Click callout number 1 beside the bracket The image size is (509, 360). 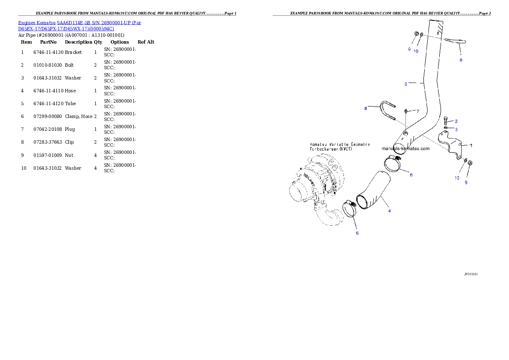(x=471, y=145)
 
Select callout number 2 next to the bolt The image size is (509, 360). (x=456, y=121)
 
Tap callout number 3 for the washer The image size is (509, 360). (x=456, y=129)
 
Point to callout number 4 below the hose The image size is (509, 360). (x=389, y=211)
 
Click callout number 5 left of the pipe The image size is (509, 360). (x=405, y=84)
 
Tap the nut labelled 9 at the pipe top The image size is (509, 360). (x=416, y=34)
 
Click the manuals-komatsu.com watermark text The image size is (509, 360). (x=405, y=149)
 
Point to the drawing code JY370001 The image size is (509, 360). (x=471, y=274)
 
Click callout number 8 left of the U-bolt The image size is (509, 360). (x=366, y=109)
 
